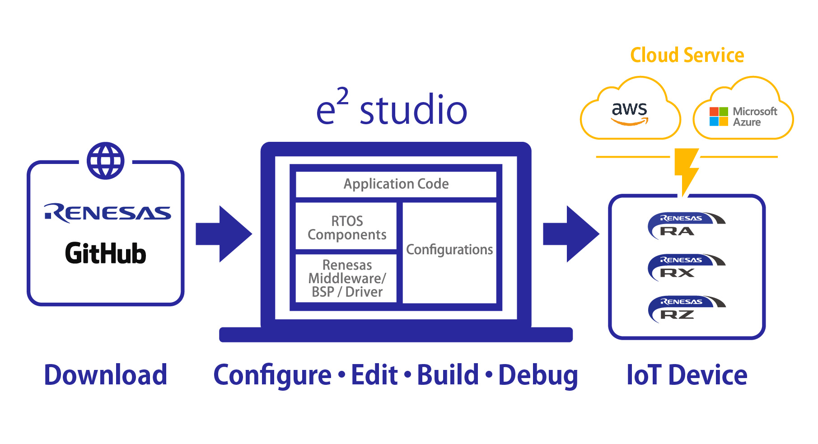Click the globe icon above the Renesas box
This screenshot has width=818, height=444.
106,161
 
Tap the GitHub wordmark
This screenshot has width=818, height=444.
106,253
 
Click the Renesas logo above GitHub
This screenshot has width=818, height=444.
108,213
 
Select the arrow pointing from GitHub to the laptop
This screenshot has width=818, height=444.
224,234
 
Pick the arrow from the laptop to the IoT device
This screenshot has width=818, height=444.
571,234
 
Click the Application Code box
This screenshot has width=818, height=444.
396,184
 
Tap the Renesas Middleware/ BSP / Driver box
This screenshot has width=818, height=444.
346,278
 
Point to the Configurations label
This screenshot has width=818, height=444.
449,250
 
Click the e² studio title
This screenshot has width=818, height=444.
391,107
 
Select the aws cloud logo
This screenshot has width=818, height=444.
630,113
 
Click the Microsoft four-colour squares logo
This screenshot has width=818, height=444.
719,117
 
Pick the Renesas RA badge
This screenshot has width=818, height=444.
686,225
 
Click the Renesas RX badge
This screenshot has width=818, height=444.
686,267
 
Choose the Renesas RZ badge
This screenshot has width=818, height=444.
686,309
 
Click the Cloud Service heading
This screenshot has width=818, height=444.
687,55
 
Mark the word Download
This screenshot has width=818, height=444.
106,375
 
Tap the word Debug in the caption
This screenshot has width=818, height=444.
538,376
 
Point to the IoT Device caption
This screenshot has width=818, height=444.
687,375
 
